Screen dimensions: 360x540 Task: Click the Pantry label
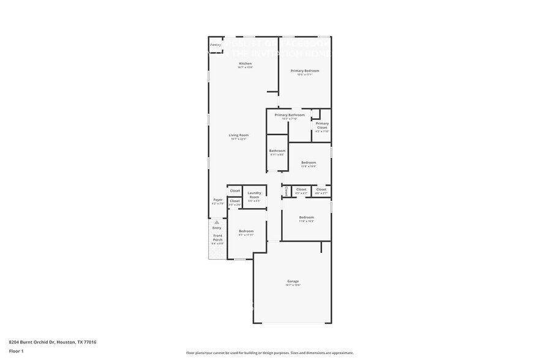(216, 45)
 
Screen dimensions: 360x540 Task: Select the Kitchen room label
(245, 64)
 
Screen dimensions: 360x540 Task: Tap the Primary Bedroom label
(305, 71)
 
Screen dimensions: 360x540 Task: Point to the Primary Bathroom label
(290, 114)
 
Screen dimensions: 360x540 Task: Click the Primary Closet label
(322, 126)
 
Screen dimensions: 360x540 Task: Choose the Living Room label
(239, 135)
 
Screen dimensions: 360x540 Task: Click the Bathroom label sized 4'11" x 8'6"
(277, 151)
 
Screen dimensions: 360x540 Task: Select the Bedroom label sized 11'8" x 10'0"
(308, 162)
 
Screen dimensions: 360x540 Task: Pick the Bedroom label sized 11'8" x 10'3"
(306, 217)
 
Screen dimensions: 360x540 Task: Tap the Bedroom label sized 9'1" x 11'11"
(246, 231)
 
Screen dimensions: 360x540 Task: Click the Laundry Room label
(254, 195)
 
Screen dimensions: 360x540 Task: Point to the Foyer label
(217, 200)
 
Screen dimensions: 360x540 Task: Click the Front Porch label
(217, 238)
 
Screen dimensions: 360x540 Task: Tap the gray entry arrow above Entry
(216, 222)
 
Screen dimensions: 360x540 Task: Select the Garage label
(293, 281)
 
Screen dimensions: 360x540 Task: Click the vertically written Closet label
(286, 192)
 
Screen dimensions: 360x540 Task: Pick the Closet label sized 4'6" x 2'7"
(321, 190)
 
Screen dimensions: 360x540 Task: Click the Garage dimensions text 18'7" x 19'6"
(293, 285)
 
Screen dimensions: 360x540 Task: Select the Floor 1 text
(16, 351)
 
